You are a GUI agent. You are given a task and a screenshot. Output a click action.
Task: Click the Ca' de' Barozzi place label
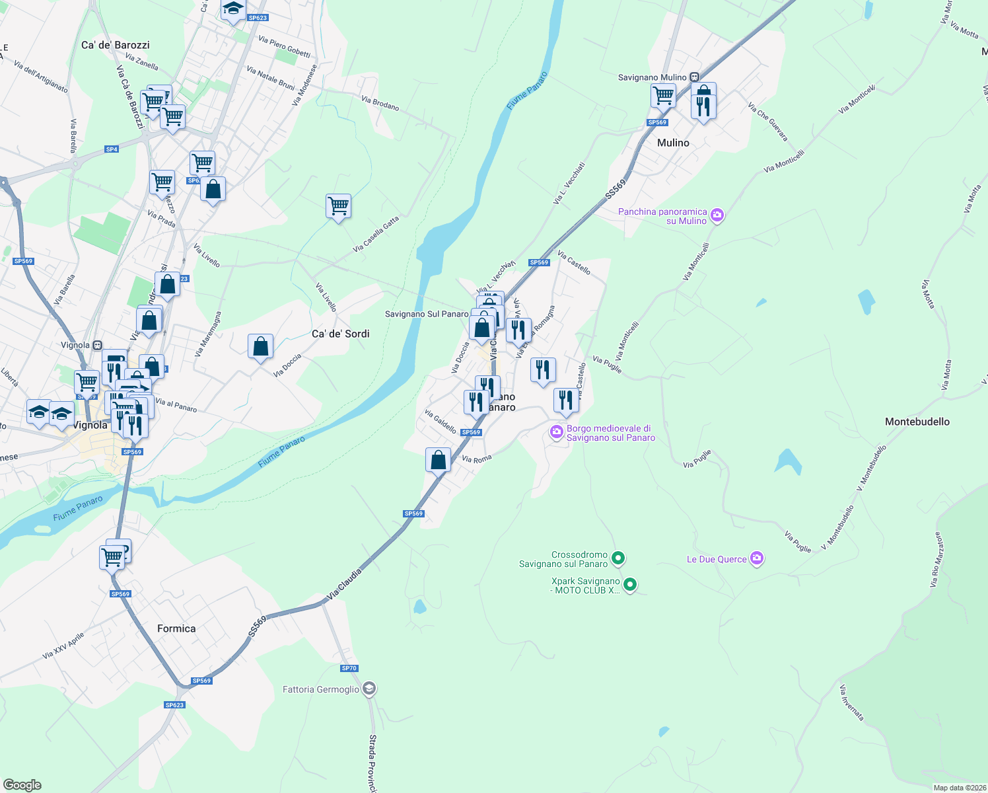pos(116,45)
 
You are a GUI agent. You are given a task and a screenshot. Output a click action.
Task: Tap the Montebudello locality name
pos(917,422)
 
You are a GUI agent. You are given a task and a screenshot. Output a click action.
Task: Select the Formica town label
pos(176,628)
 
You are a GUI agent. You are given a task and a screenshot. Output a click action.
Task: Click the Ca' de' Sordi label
pos(341,334)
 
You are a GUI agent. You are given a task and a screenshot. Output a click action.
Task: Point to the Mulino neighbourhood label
pos(673,143)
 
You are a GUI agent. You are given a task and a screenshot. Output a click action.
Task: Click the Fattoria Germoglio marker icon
pos(369,689)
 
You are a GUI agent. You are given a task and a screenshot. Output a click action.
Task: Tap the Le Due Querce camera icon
pos(757,559)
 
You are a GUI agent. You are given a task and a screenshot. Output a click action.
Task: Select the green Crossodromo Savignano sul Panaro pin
pos(618,559)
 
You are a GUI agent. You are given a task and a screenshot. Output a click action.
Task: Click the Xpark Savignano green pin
pos(630,585)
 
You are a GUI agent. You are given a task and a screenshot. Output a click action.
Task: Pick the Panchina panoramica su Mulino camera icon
pos(717,215)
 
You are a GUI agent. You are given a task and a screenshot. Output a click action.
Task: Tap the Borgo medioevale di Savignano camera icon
pos(557,432)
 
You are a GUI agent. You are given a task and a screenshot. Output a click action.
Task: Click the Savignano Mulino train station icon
pos(694,77)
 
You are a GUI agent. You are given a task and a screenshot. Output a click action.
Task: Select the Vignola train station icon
pos(97,345)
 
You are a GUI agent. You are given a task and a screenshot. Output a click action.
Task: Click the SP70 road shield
pos(349,668)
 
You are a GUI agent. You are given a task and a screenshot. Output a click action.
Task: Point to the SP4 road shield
pos(112,149)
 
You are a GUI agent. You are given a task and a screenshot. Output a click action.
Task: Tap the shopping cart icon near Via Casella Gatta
pos(338,206)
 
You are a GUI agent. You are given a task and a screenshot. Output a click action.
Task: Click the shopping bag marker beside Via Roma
pos(439,459)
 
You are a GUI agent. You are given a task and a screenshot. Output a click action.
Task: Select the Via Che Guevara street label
pos(768,122)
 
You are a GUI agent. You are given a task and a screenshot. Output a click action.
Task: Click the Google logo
pos(22,785)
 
